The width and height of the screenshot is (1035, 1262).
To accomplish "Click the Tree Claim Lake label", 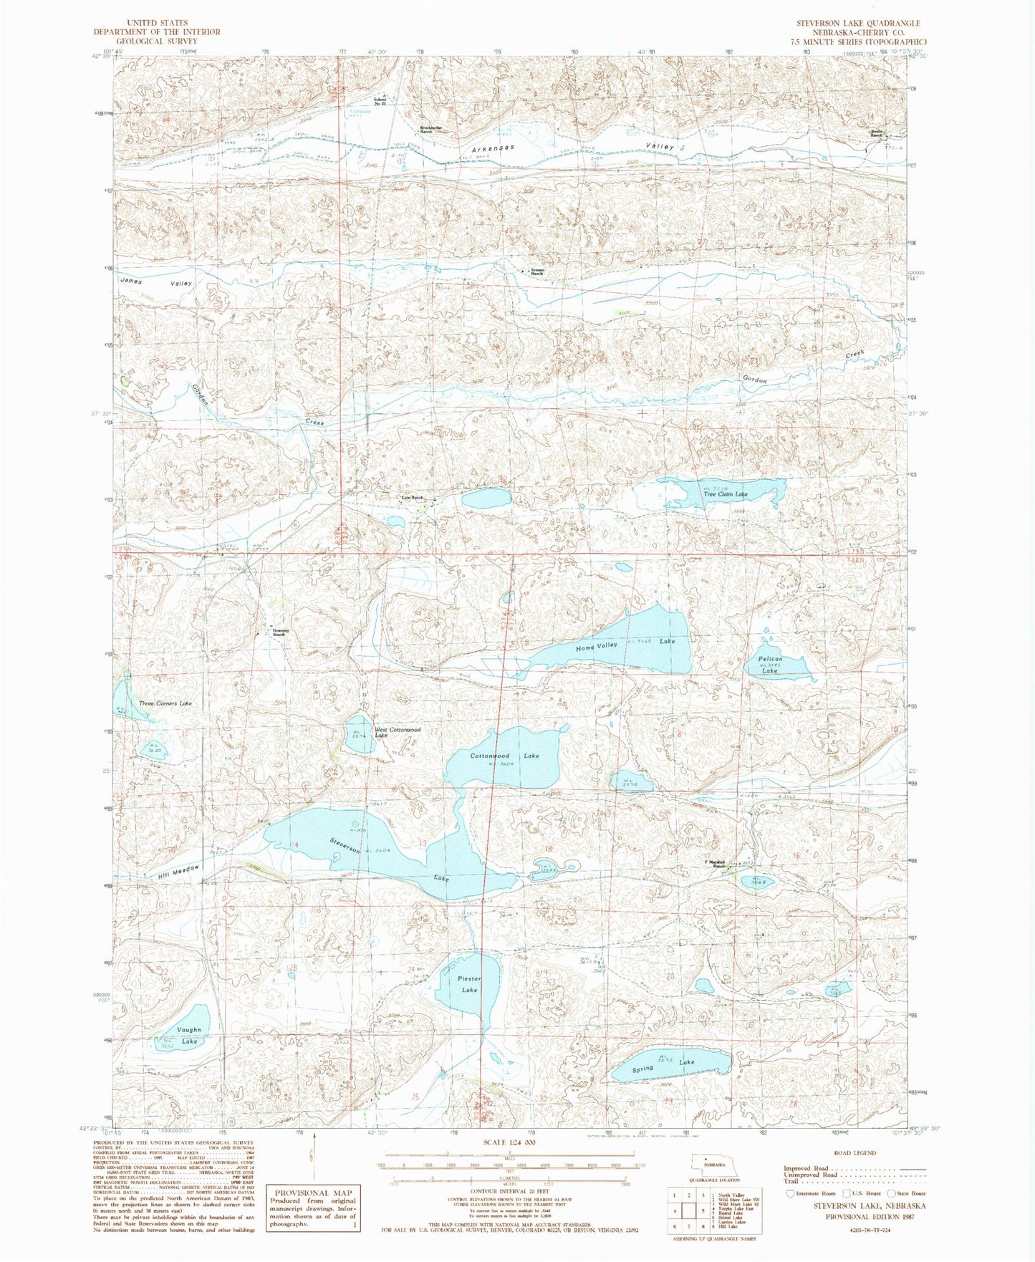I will [x=725, y=494].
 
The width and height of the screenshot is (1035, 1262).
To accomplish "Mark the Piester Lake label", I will [x=469, y=984].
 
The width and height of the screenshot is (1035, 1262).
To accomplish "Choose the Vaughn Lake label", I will [x=189, y=1035].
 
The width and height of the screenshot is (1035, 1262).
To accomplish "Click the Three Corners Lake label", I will [x=165, y=703].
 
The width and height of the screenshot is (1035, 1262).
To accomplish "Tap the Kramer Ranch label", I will [x=537, y=272].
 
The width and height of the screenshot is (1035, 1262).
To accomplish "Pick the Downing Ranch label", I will [x=279, y=633].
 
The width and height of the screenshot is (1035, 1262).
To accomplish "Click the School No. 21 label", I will [x=379, y=101].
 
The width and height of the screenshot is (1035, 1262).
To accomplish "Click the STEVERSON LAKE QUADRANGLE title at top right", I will [x=858, y=24].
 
